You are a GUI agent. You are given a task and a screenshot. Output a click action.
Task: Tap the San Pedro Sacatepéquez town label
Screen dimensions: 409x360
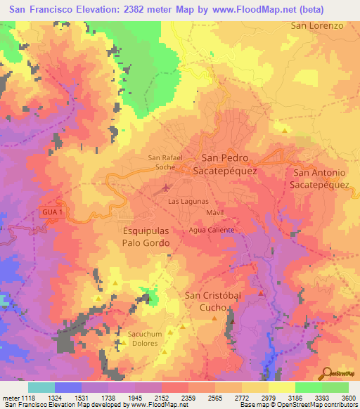tap(229, 164)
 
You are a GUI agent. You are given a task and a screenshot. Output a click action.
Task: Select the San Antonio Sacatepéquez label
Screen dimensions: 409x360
tap(321, 178)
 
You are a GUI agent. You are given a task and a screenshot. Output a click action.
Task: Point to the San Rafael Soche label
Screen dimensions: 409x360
tap(165, 163)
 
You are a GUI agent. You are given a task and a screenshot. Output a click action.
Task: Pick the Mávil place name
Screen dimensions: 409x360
tap(216, 212)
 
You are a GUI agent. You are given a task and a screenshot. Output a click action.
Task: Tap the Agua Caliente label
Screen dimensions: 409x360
tap(212, 230)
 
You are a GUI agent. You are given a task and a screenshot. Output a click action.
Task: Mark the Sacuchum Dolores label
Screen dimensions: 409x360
tap(146, 338)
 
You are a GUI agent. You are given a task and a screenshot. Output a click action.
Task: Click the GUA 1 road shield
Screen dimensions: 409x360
tap(52, 212)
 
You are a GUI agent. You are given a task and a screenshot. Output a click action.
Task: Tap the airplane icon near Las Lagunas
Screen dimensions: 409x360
tap(166, 188)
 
